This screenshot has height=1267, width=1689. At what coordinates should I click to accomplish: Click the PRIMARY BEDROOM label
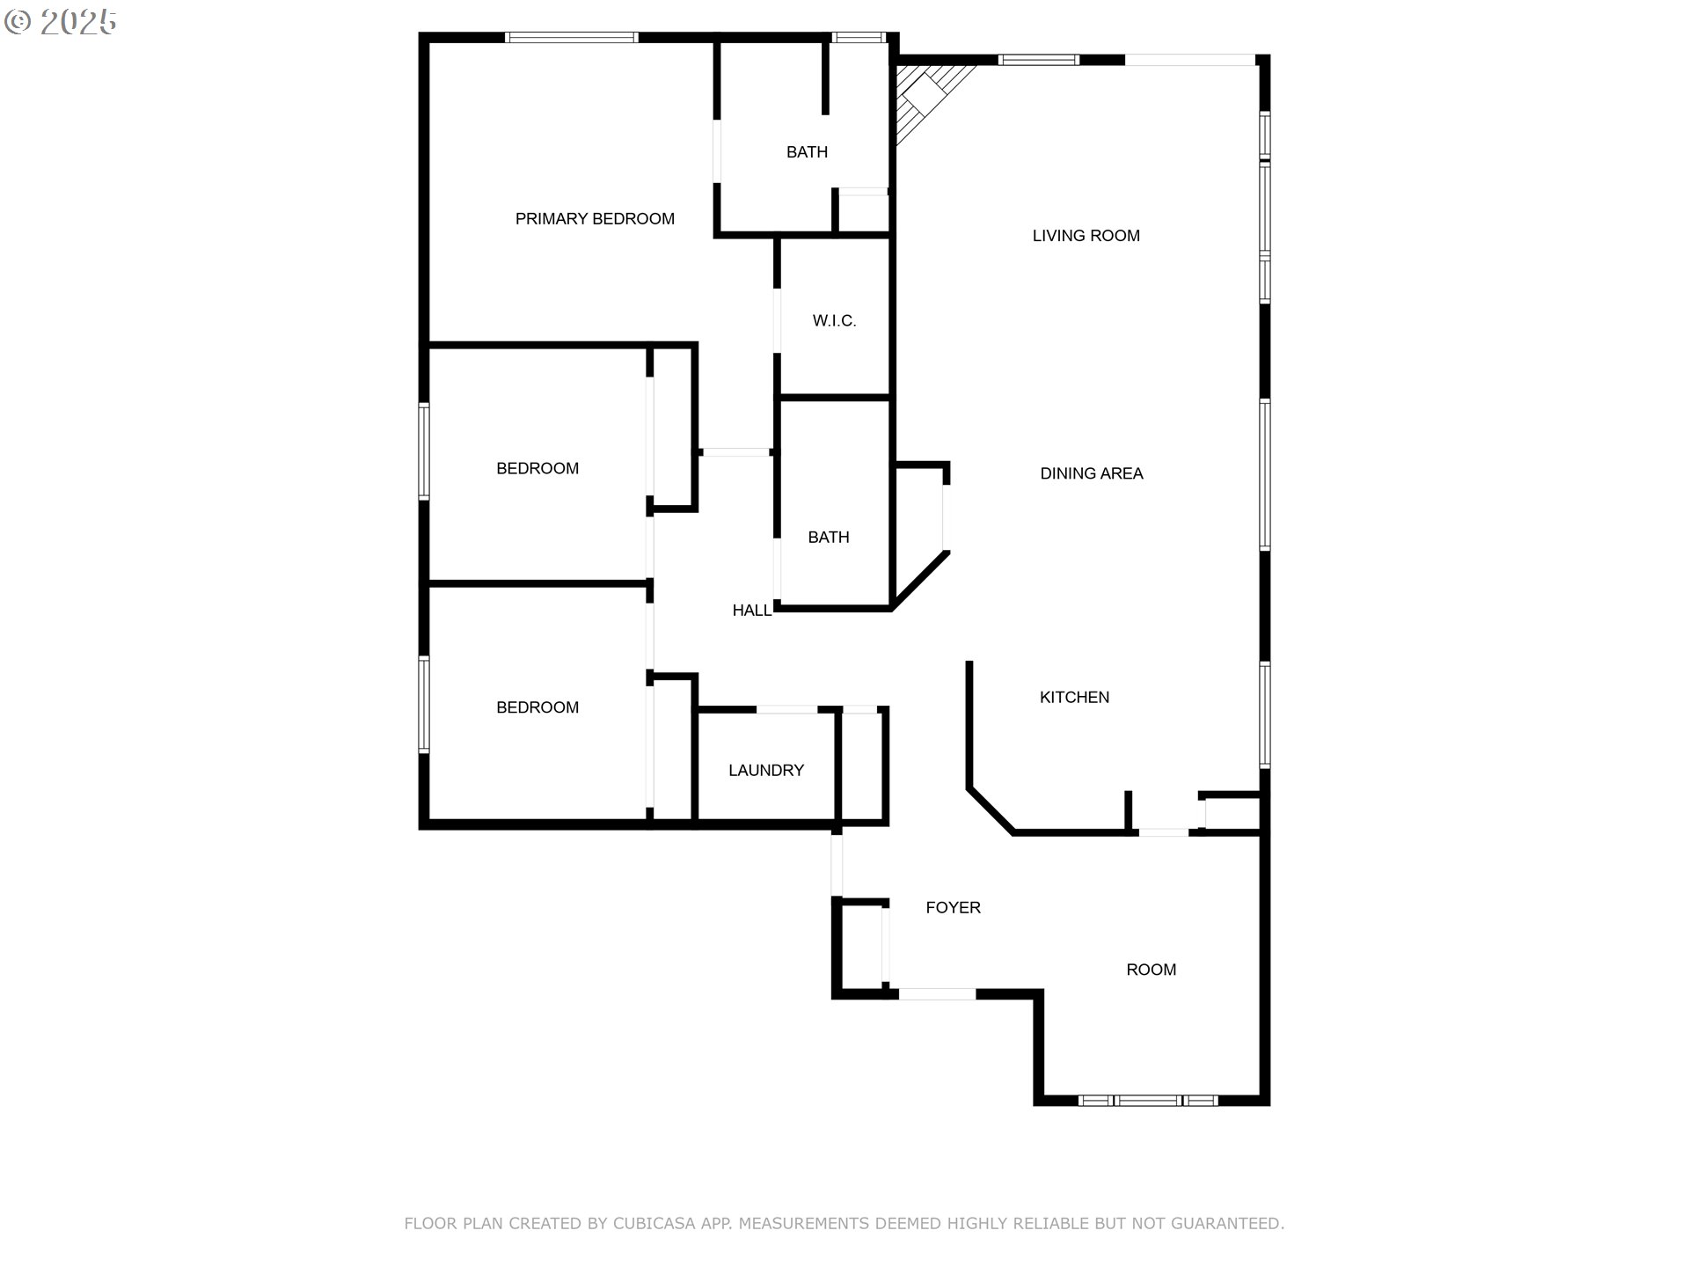pos(595,219)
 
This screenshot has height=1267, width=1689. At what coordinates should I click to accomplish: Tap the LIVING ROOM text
pos(1086,236)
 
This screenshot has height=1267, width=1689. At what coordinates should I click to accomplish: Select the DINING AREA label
pos(1092,473)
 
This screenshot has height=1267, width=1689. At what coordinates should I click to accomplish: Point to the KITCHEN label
pos(1074,697)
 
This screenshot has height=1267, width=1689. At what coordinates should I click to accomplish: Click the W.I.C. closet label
pos(834,321)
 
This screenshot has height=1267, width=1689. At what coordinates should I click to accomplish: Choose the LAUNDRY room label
pos(766,771)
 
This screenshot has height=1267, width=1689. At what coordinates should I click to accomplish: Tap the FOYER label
pos(953,907)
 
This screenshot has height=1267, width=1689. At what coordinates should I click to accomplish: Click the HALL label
pos(752,611)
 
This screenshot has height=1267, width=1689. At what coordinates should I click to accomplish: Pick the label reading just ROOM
pos(1151,970)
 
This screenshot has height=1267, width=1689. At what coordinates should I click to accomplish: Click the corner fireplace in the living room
pos(929,99)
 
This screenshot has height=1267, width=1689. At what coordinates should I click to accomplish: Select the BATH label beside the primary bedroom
pos(807,152)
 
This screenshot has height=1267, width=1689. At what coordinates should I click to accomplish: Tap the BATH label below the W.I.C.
pos(829,538)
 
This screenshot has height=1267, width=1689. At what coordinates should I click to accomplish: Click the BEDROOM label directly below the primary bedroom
pos(537,469)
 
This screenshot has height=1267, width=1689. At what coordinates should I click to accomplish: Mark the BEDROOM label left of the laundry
pos(537,707)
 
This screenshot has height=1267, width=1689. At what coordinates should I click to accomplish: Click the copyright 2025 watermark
pos(61,22)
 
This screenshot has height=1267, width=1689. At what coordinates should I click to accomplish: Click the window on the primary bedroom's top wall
pos(572,37)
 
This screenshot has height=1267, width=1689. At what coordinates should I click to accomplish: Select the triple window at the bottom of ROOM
pos(1148,1100)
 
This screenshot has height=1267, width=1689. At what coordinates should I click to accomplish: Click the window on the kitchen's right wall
pos(1265,714)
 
